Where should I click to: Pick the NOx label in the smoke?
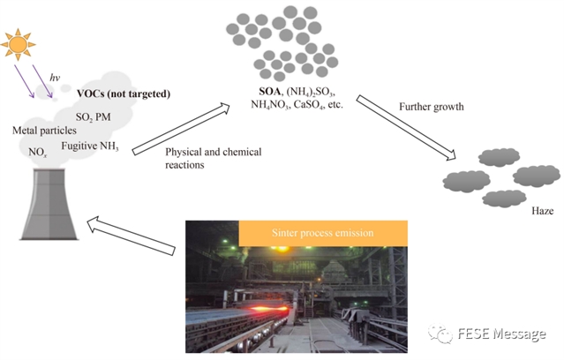pyautogui.click(x=38, y=152)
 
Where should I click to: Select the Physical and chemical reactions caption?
pyautogui.click(x=201, y=158)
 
